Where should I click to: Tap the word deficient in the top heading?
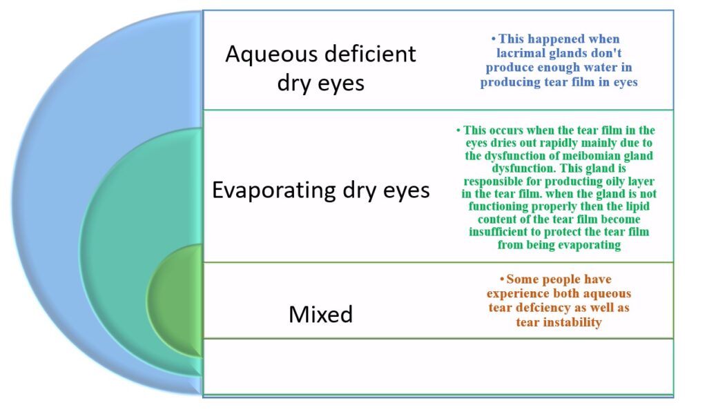point(370,54)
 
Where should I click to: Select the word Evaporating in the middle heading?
point(273,190)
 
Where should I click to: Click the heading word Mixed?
point(320,314)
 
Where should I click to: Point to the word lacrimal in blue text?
point(517,53)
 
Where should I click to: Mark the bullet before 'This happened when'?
point(494,39)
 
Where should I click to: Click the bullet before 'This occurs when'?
point(458,130)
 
